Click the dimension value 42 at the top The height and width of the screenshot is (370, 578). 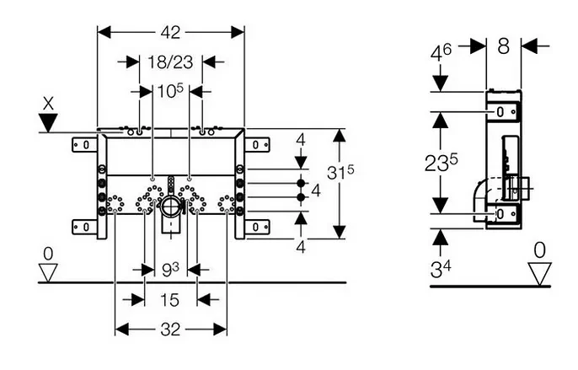(x=171, y=32)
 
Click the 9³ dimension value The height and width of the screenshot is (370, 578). (x=170, y=271)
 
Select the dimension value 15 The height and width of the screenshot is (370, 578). (x=170, y=300)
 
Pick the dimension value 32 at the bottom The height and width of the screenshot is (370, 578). (x=170, y=330)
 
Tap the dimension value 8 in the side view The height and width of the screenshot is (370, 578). (x=503, y=46)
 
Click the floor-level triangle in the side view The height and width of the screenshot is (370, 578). (x=539, y=272)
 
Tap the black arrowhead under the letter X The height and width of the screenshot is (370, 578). (x=49, y=124)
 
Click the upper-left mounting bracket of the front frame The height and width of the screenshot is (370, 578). (x=85, y=145)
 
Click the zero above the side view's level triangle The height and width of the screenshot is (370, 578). (x=539, y=249)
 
